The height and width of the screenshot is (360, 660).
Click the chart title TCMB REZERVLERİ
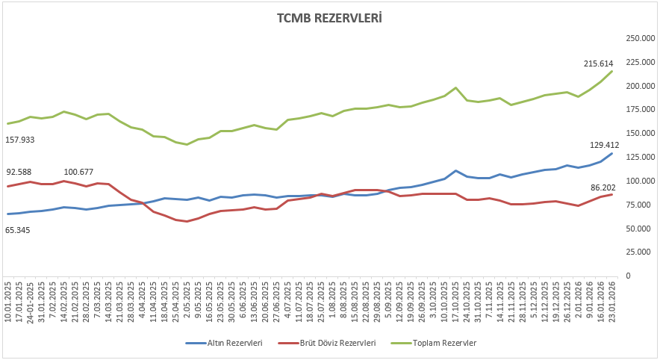point(329,17)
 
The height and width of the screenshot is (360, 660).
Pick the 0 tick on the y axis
point(629,276)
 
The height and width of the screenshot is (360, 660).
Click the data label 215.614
point(598,64)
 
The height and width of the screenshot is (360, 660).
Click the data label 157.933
point(20,140)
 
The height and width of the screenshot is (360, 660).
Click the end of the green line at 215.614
point(612,71)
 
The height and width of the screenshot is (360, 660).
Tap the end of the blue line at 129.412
point(612,153)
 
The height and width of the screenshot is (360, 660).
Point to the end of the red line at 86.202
point(612,194)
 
